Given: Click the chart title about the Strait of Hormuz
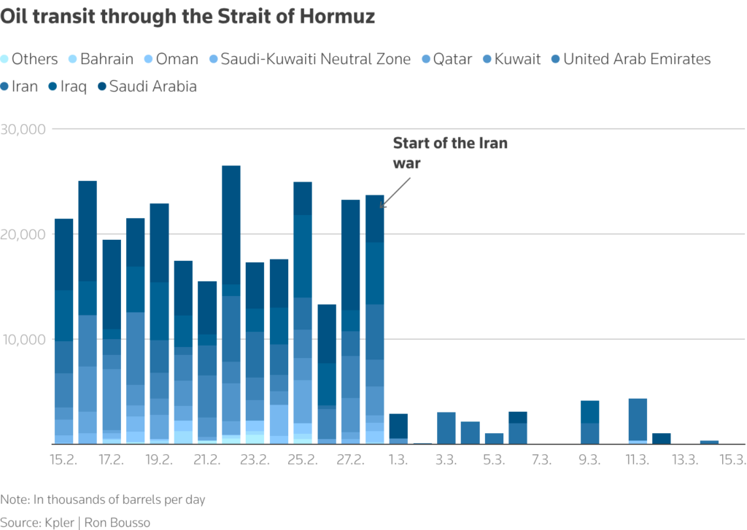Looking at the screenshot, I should coord(187,17).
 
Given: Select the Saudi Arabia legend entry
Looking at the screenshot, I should coord(147,86).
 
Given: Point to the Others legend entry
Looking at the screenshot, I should coord(29,59).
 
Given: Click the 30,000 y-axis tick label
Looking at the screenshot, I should coord(23,129).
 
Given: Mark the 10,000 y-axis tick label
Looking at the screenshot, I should coord(23,339).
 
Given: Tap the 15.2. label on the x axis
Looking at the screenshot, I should coord(63,460).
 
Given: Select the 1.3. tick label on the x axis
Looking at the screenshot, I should coord(398,460).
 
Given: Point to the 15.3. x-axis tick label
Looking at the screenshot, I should coord(732,460).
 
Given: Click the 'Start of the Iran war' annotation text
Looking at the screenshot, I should coord(449,152).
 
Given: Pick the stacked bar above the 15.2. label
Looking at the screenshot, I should coord(63,331).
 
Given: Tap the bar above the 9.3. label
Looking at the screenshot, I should coord(589,422).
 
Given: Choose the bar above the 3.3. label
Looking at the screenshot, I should coord(446,428).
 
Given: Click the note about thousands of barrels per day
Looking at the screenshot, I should coord(103,499).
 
